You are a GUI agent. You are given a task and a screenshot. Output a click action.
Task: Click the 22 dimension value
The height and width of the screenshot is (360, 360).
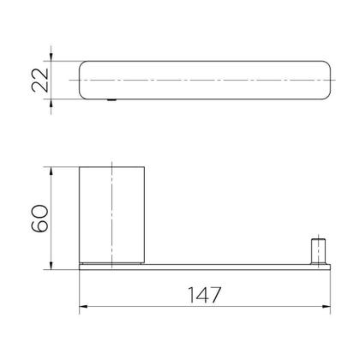tap(40, 80)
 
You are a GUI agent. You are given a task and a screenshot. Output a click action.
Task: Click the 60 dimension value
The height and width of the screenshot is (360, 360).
tap(40, 219)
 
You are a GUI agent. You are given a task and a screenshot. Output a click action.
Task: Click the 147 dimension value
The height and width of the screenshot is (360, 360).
tap(205, 294)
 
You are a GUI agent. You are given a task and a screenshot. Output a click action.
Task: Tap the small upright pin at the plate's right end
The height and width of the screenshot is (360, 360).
tap(318, 251)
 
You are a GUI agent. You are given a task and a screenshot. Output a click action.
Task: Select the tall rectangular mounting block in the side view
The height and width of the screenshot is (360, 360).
tap(111, 215)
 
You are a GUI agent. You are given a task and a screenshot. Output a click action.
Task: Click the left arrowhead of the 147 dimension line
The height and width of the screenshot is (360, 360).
tap(83, 307)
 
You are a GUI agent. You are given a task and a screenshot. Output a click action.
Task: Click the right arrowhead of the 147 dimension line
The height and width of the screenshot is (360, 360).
tap(327, 307)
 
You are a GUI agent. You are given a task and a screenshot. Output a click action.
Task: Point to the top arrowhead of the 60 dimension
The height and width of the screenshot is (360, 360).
tap(51, 171)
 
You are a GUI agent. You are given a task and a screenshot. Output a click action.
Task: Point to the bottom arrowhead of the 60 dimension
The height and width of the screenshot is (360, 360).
tap(51, 265)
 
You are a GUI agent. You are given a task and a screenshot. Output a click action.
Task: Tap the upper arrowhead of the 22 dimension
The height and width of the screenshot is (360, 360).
tap(51, 57)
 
